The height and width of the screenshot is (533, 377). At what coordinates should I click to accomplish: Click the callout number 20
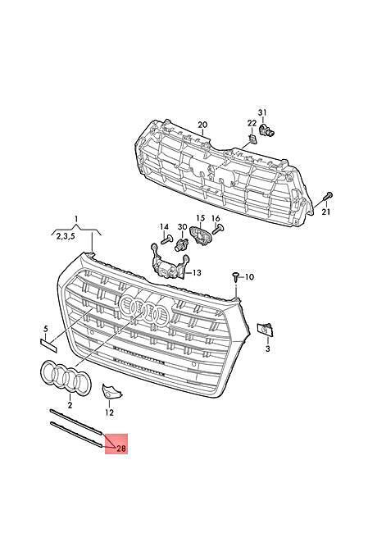202,125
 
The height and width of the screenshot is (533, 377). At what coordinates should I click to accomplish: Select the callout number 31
262,112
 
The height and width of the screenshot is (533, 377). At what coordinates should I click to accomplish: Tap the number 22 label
252,122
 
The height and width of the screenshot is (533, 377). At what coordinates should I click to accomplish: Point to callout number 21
326,212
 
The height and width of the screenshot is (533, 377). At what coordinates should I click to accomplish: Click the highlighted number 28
121,449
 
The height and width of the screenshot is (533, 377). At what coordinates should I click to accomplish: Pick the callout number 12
109,412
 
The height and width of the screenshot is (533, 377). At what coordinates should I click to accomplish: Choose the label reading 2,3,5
66,237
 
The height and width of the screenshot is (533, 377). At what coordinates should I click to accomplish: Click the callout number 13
197,272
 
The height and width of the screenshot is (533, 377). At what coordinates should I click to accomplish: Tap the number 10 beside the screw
249,277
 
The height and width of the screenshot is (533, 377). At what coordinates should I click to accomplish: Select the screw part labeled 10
236,277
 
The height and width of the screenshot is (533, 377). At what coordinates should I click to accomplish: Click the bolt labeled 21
328,196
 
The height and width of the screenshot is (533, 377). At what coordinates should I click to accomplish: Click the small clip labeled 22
252,139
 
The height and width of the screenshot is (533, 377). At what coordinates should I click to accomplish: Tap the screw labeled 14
166,240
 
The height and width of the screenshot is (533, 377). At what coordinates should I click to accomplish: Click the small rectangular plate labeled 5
49,344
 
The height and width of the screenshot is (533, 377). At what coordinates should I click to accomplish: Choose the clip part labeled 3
266,330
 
